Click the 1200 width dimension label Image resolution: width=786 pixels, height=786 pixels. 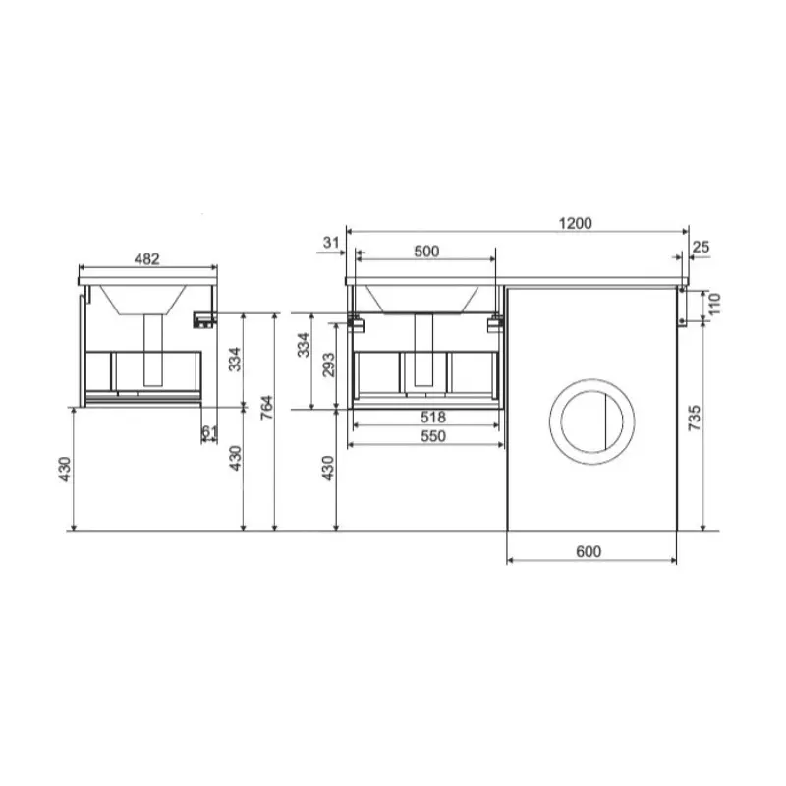575,223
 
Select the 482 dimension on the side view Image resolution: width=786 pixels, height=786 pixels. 146,258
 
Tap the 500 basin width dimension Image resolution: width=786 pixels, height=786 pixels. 426,251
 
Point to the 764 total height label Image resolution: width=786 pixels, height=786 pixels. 267,407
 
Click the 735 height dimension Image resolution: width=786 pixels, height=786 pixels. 695,419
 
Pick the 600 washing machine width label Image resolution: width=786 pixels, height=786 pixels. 589,551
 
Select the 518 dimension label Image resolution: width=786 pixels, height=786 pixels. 432,417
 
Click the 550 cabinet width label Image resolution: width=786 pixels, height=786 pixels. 432,436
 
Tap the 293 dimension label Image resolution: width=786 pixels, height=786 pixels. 328,365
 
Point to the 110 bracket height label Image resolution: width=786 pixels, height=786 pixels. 714,304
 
